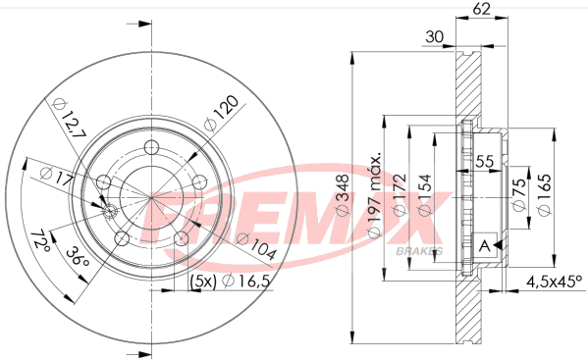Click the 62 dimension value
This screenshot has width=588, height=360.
pyautogui.click(x=481, y=9)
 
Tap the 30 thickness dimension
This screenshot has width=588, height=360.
pyautogui.click(x=435, y=36)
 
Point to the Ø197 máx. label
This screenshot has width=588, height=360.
pyautogui.click(x=375, y=194)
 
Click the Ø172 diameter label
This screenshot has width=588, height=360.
pyautogui.click(x=400, y=194)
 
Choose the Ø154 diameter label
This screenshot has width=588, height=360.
pyautogui.click(x=425, y=195)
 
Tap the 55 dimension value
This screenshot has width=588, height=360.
pyautogui.click(x=485, y=162)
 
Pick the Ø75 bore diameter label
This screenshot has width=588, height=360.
pyautogui.click(x=519, y=195)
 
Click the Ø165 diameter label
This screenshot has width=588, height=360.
pyautogui.click(x=545, y=194)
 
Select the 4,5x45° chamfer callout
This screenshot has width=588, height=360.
pyautogui.click(x=555, y=282)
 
